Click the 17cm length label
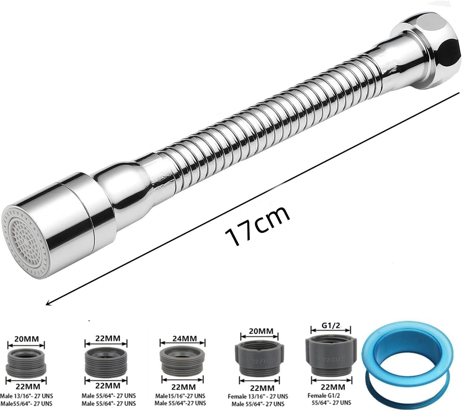[x=257, y=226]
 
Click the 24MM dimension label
[x=182, y=339]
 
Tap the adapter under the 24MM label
[x=182, y=361]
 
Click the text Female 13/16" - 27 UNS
[x=258, y=396]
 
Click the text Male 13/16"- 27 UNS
[x=26, y=396]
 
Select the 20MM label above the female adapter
[x=258, y=330]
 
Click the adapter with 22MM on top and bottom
[x=106, y=361]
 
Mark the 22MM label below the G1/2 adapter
[x=330, y=387]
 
